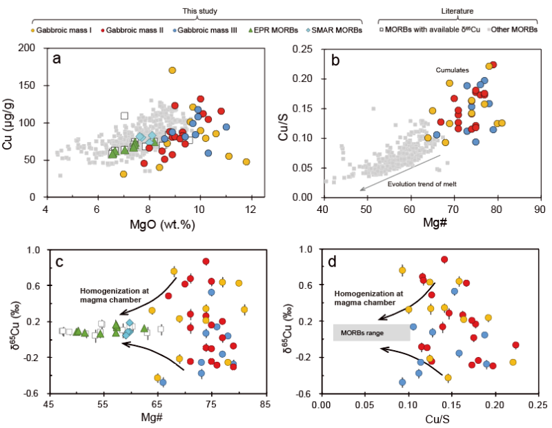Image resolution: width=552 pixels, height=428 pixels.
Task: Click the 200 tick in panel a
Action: [x=32, y=48]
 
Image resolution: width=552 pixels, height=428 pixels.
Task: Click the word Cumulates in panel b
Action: [x=453, y=70]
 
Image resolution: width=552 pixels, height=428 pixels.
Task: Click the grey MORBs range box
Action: [x=372, y=332]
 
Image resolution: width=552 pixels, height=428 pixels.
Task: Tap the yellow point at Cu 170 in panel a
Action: [x=172, y=70]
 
